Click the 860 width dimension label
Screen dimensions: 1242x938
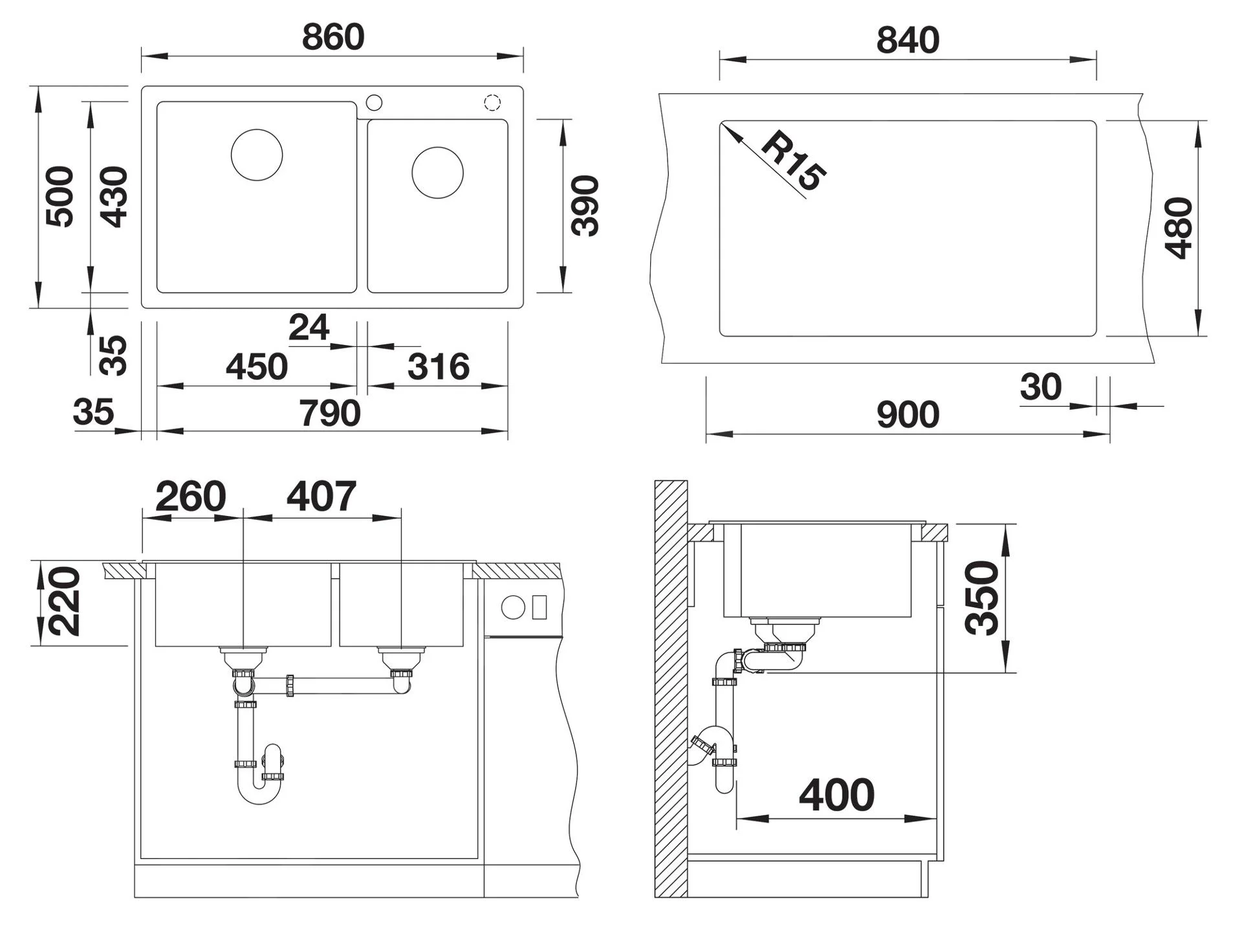333,37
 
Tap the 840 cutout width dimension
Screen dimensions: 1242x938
908,40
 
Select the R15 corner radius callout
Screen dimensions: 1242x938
794,161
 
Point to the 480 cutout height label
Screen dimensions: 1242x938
1178,228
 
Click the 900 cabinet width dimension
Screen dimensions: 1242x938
908,414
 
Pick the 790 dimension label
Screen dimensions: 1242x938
329,413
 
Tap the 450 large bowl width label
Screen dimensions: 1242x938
256,367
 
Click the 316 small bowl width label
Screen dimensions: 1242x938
438,367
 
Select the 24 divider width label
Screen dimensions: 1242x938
309,328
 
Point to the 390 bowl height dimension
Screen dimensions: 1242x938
585,206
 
